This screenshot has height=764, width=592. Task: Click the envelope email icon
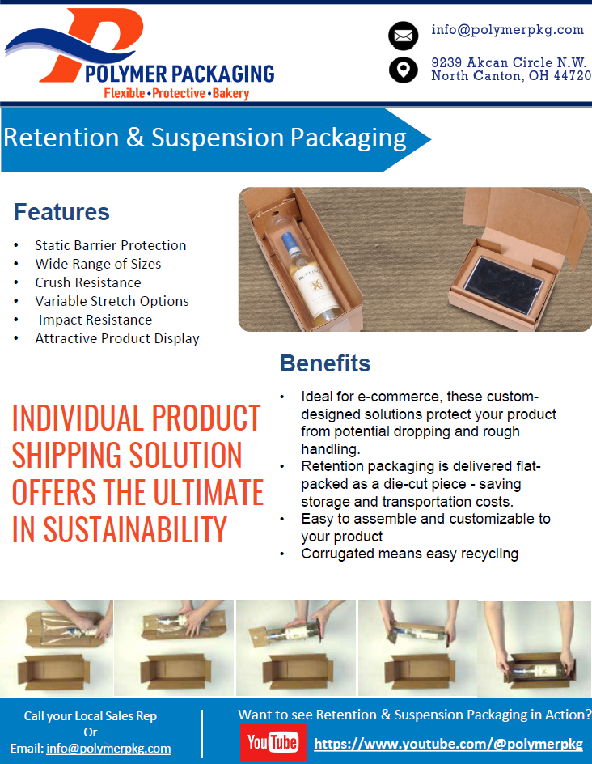pyautogui.click(x=403, y=36)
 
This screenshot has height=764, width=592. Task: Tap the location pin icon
pyautogui.click(x=403, y=70)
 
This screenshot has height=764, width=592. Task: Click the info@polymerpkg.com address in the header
pyautogui.click(x=507, y=30)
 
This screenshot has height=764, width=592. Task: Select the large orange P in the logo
pyautogui.click(x=105, y=40)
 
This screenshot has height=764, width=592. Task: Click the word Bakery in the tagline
pyautogui.click(x=231, y=94)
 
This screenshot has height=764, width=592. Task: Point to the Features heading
pyautogui.click(x=61, y=212)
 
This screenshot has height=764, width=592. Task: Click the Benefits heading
pyautogui.click(x=325, y=363)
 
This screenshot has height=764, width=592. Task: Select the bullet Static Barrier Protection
pyautogui.click(x=111, y=245)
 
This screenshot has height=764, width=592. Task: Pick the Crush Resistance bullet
pyautogui.click(x=88, y=282)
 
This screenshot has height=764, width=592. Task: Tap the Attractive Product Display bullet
pyautogui.click(x=117, y=338)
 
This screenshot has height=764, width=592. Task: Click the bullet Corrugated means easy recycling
pyautogui.click(x=409, y=554)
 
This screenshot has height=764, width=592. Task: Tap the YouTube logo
pyautogui.click(x=273, y=742)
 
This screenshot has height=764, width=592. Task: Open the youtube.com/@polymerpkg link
pyautogui.click(x=448, y=744)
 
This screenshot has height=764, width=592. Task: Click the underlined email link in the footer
pyautogui.click(x=108, y=749)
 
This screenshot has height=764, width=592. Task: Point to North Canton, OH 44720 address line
pyautogui.click(x=511, y=76)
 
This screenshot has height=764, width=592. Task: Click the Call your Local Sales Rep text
pyautogui.click(x=91, y=715)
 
